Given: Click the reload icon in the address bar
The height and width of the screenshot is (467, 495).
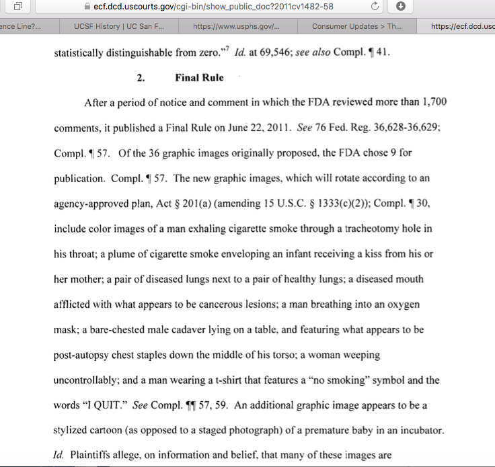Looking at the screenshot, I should pos(375,7).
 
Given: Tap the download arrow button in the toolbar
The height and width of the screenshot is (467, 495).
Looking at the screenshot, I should pos(401,7).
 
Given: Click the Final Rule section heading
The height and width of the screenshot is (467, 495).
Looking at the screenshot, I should pos(199,78).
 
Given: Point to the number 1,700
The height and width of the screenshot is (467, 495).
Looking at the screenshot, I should pos(431,103).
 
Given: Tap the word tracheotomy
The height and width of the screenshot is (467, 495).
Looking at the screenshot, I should pos(357,228).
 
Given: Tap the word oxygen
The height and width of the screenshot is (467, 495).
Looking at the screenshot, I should pos(403,304).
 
